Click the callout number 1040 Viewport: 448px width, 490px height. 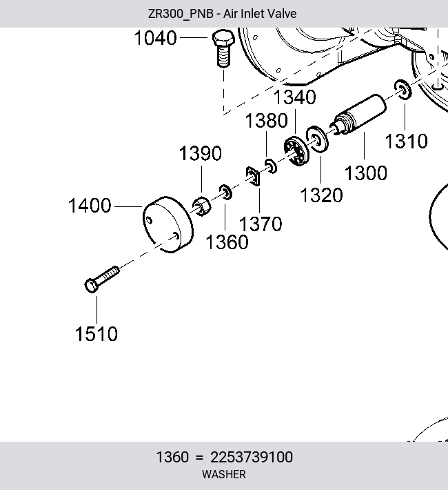coord(156,38)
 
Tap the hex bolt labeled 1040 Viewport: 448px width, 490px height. coord(223,48)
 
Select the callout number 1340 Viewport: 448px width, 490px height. coord(295,97)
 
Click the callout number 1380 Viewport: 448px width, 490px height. coord(266,121)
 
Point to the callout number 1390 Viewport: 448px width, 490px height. coord(201,153)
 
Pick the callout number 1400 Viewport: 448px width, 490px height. coord(90,206)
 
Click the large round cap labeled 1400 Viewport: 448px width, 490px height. coord(168,224)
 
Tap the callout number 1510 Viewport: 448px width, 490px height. coord(96,334)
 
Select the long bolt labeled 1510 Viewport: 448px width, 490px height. coord(102,280)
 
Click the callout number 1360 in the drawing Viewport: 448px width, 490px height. coord(227,242)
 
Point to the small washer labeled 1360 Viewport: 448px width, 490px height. coord(225,192)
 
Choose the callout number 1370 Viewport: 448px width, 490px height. coord(261,224)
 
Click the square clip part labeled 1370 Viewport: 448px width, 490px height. coord(253,176)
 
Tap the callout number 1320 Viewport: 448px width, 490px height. coord(321,195)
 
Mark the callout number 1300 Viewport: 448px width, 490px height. coord(366,173)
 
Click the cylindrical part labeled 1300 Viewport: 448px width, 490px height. coord(358,115)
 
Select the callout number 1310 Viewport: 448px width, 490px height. coord(407,141)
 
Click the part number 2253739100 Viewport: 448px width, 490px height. coord(252,457)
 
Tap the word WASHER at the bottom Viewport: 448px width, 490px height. coord(224,474)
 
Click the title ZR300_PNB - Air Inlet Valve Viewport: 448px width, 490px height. coord(223,14)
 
